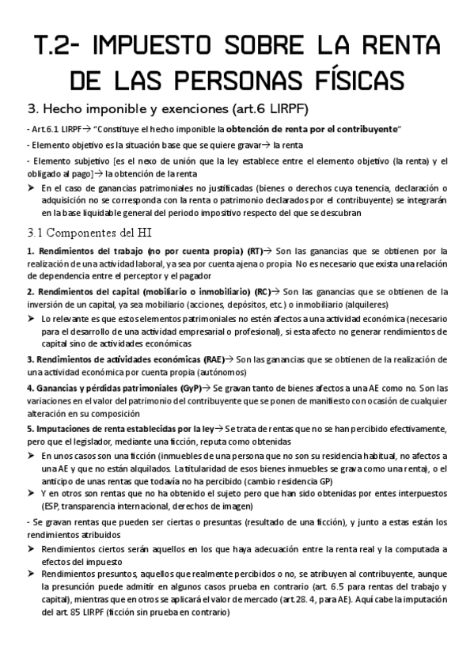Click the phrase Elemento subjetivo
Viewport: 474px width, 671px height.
coord(60,161)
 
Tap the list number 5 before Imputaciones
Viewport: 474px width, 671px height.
coord(28,428)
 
